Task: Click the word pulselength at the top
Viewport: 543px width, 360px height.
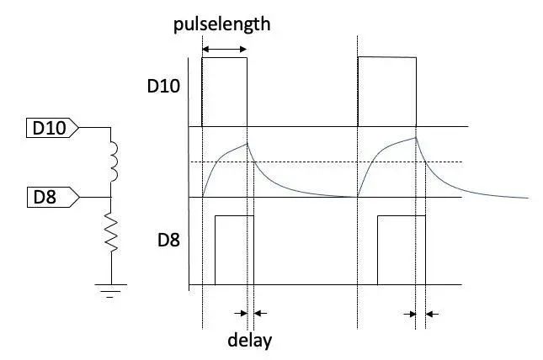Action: click(222, 24)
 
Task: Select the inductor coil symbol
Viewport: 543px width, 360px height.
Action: click(112, 161)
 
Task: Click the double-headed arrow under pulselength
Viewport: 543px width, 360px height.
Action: click(225, 51)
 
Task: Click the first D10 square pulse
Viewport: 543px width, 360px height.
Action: click(225, 91)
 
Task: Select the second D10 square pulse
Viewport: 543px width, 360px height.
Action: click(387, 91)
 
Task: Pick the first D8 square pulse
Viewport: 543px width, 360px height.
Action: click(234, 250)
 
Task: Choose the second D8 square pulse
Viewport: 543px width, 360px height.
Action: click(397, 250)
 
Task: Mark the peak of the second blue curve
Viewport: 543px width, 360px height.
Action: click(416, 137)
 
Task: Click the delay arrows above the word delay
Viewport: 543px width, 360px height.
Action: click(249, 313)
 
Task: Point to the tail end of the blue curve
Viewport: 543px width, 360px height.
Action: click(525, 199)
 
